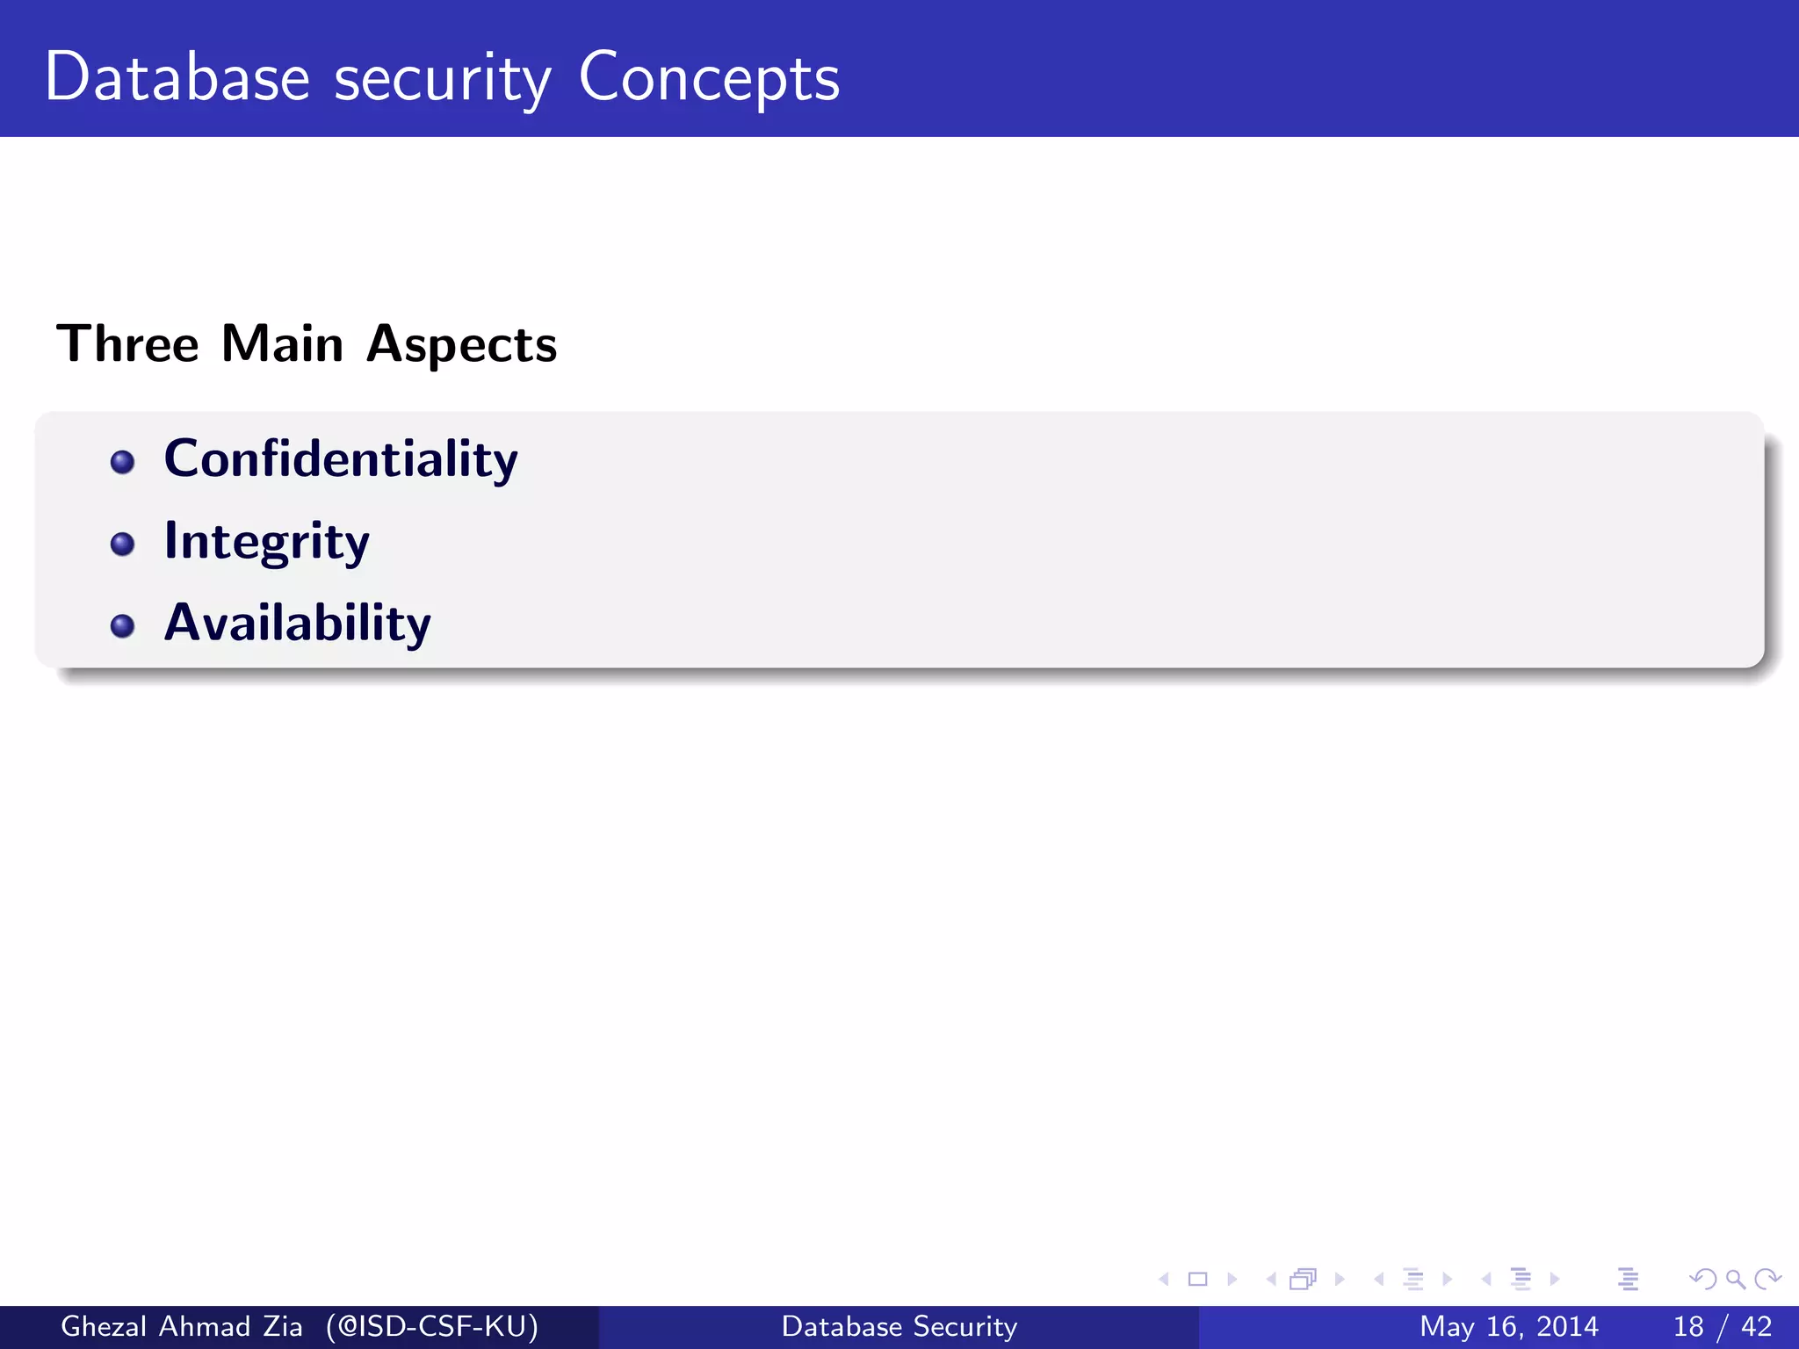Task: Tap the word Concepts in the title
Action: pos(709,79)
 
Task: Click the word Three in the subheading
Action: pos(128,343)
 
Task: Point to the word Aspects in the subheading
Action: pos(461,345)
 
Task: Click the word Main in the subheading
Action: pos(282,343)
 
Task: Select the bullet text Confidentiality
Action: pos(341,459)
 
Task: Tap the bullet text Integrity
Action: pos(267,542)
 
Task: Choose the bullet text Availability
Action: pos(298,624)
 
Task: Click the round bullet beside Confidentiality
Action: pos(123,462)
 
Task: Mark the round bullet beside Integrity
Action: pos(123,545)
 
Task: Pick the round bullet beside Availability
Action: pos(123,626)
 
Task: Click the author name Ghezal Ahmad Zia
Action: pos(181,1326)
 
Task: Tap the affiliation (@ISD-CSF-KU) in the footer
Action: pos(432,1326)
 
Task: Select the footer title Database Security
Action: pos(899,1326)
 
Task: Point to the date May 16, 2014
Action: pos(1509,1326)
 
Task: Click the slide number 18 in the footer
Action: pos(1688,1326)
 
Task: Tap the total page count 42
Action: pos(1757,1326)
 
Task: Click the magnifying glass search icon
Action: pos(1735,1280)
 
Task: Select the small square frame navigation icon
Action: pos(1197,1280)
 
